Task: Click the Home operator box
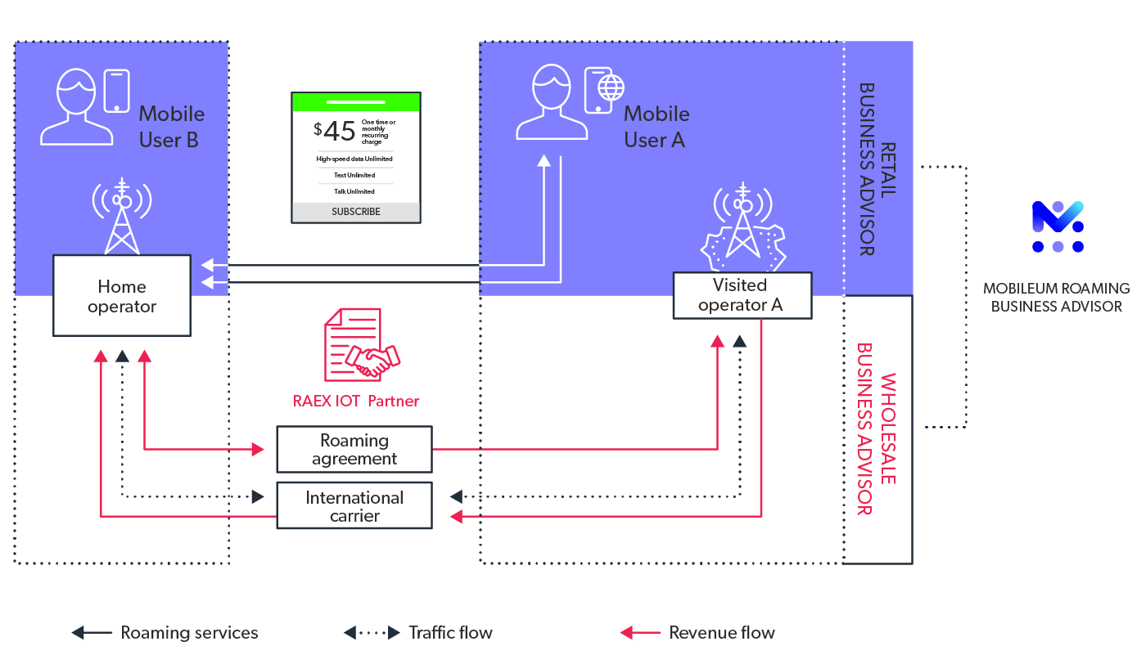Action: (x=122, y=295)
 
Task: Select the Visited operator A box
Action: (x=742, y=295)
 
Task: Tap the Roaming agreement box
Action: (x=354, y=449)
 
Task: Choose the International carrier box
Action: (x=354, y=506)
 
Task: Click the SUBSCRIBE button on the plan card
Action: (x=355, y=212)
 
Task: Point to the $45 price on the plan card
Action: (x=335, y=131)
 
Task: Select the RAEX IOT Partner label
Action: (x=356, y=402)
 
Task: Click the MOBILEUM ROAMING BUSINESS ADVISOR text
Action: (x=1056, y=297)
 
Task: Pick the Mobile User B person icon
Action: (x=77, y=108)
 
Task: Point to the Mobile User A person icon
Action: (x=551, y=103)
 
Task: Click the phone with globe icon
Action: (x=604, y=90)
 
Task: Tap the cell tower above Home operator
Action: (x=121, y=214)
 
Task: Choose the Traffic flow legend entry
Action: (x=418, y=632)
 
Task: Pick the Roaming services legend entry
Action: (x=165, y=632)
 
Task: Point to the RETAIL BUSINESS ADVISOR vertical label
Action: (x=877, y=168)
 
